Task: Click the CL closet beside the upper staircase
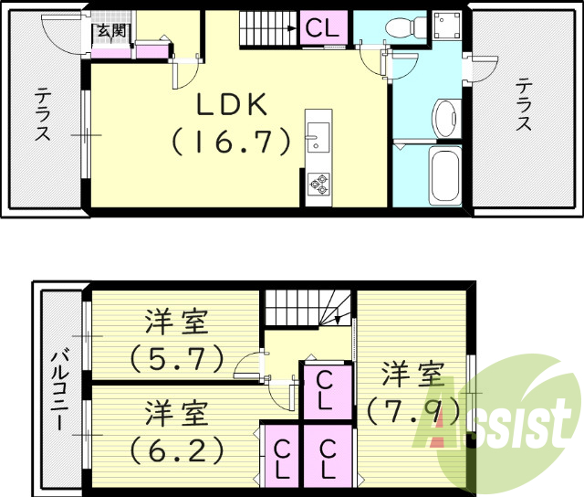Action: click(322, 28)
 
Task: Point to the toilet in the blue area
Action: click(400, 27)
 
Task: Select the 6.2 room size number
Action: click(176, 449)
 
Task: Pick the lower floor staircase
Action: click(308, 308)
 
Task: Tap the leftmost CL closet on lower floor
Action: click(281, 460)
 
